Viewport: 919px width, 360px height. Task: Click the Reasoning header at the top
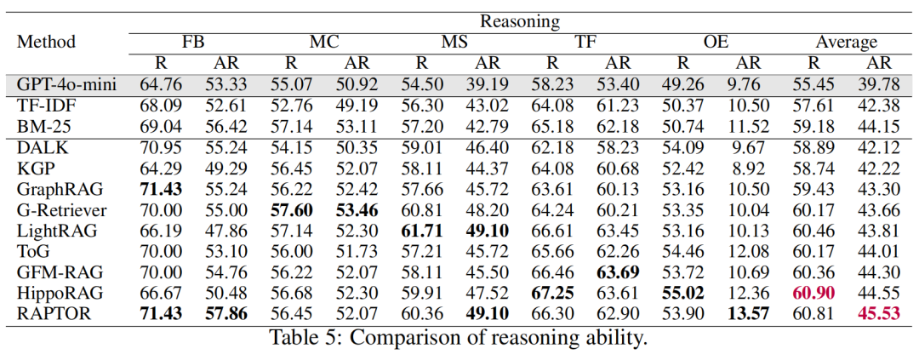[x=519, y=20]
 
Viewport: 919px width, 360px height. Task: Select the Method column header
[x=47, y=42]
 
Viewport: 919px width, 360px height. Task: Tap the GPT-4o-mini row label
[x=66, y=84]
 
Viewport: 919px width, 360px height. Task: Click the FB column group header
[x=192, y=42]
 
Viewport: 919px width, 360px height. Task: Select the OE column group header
[x=715, y=42]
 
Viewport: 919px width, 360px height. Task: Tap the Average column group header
[x=846, y=42]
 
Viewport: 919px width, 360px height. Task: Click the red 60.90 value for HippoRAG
[x=813, y=292]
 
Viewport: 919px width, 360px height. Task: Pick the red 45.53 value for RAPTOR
[x=880, y=313]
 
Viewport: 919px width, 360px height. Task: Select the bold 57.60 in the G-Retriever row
[x=290, y=209]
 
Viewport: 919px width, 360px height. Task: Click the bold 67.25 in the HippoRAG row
[x=552, y=292]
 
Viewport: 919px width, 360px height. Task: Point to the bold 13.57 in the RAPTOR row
[x=748, y=313]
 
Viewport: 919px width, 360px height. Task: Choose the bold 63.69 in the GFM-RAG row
[x=617, y=271]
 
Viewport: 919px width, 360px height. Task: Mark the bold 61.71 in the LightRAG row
[x=421, y=230]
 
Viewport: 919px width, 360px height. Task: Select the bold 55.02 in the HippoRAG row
[x=682, y=292]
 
